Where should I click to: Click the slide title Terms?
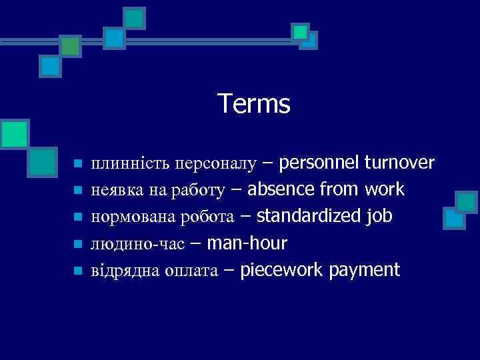(x=254, y=104)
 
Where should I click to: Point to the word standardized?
(x=309, y=217)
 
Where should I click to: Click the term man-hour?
(x=247, y=243)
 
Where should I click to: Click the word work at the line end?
(x=385, y=190)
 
